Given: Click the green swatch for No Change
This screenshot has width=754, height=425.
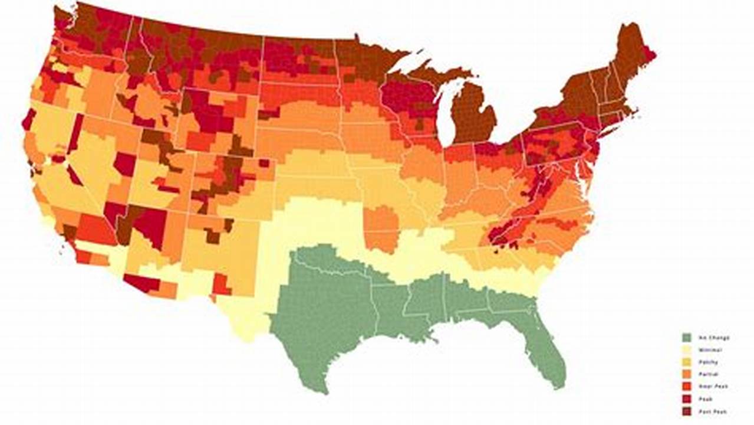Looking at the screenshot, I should [x=686, y=338].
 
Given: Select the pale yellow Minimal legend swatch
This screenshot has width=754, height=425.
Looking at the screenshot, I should [x=686, y=350].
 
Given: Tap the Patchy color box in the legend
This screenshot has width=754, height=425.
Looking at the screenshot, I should [x=686, y=362].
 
